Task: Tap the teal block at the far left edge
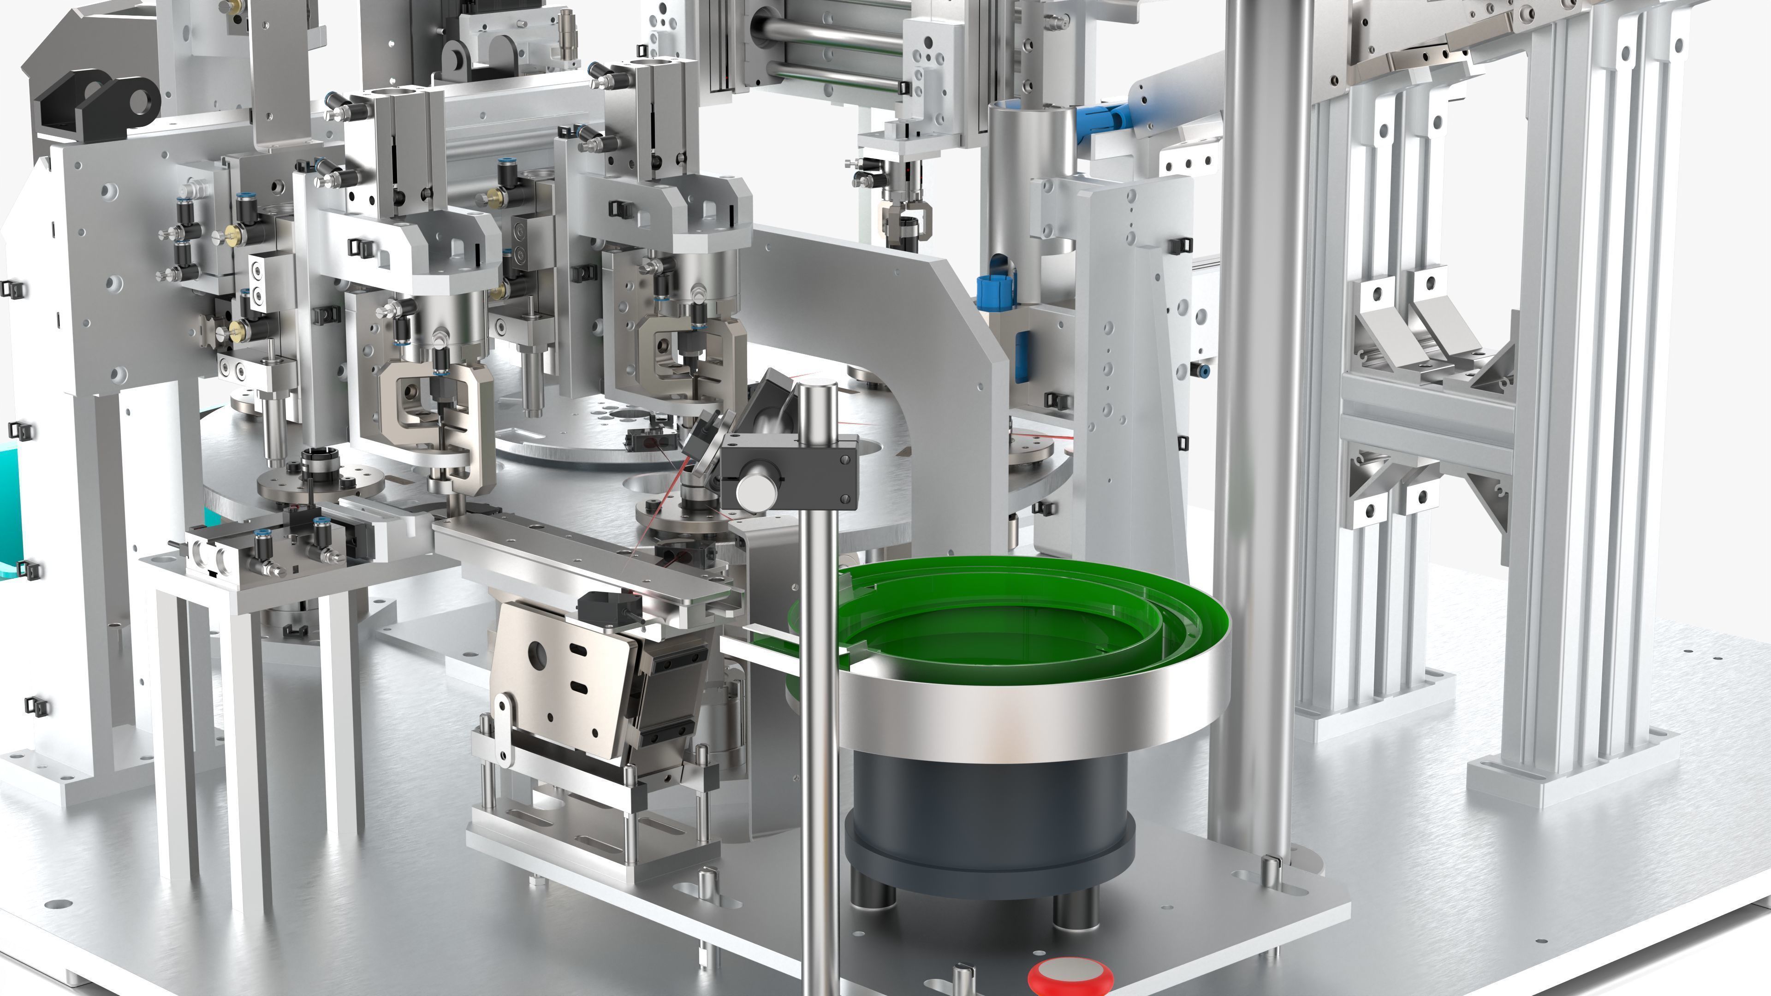(10, 502)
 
